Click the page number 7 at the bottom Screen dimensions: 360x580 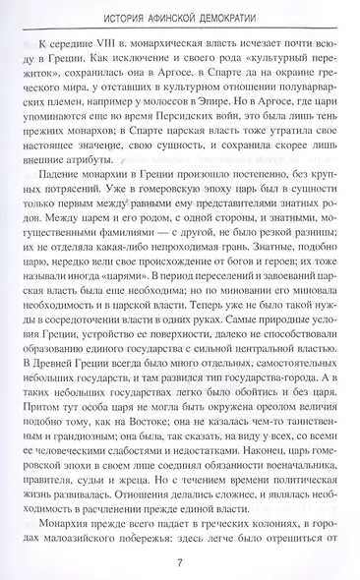[180, 560]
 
